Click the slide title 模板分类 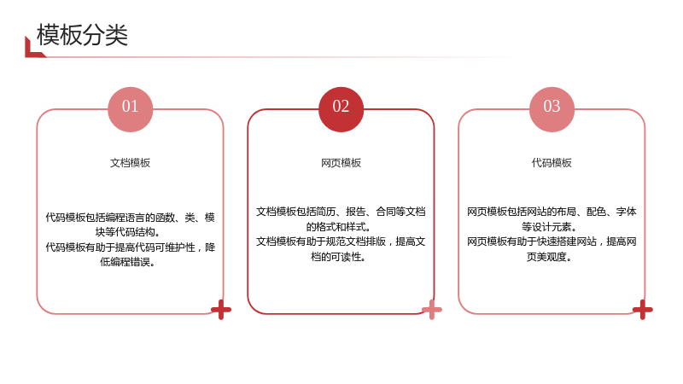pyautogui.click(x=82, y=35)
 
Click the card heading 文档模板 pyautogui.click(x=131, y=163)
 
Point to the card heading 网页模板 pyautogui.click(x=341, y=163)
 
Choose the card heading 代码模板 pyautogui.click(x=552, y=163)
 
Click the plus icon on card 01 pyautogui.click(x=221, y=310)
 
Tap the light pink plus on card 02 pyautogui.click(x=432, y=310)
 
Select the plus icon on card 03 pyautogui.click(x=643, y=310)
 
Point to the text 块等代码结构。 pyautogui.click(x=128, y=232)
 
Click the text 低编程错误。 pyautogui.click(x=127, y=262)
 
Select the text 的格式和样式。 pyautogui.click(x=338, y=227)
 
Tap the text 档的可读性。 pyautogui.click(x=338, y=257)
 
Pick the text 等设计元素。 pyautogui.click(x=549, y=227)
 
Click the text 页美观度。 pyautogui.click(x=549, y=257)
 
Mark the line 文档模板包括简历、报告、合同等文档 pyautogui.click(x=341, y=212)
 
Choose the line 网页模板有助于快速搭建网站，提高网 pyautogui.click(x=552, y=241)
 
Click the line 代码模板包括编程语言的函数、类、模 pyautogui.click(x=131, y=218)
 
